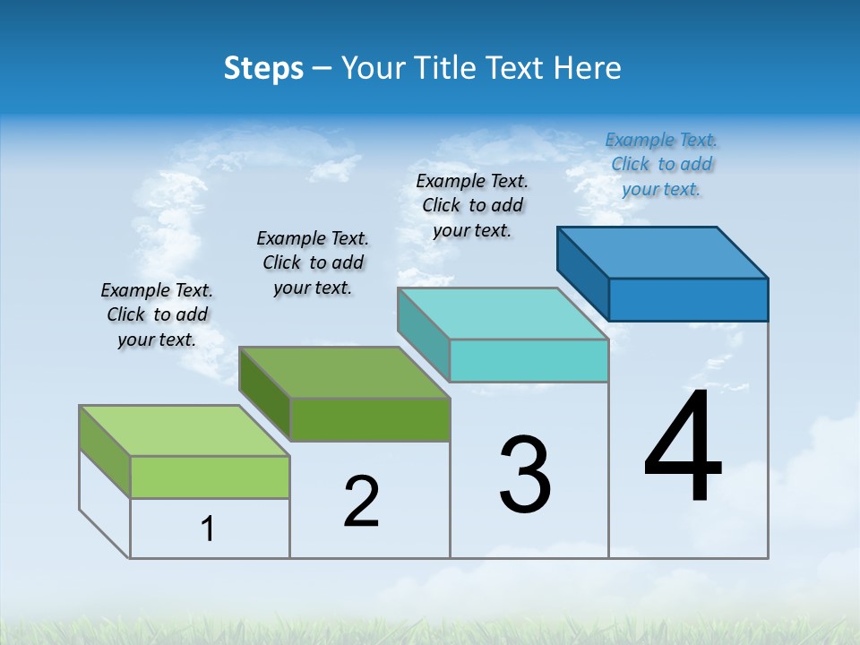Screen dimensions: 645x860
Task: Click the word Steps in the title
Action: click(263, 68)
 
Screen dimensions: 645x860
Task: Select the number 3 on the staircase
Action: click(525, 475)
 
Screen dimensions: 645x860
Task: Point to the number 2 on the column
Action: click(362, 502)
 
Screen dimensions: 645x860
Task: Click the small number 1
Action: click(208, 529)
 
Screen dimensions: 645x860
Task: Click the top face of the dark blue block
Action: click(663, 252)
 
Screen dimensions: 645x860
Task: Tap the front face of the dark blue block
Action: click(688, 299)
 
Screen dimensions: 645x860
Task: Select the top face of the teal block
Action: click(503, 314)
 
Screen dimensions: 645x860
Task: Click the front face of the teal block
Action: click(529, 360)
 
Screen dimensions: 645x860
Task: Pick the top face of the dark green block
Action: click(344, 373)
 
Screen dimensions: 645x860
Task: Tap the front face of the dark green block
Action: click(370, 419)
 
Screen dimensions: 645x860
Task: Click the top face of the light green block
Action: click(185, 431)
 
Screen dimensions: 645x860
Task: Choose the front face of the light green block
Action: click(210, 477)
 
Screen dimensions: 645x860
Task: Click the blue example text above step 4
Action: click(661, 165)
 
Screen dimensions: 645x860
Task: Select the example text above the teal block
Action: click(472, 205)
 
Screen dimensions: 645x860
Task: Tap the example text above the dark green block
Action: click(313, 262)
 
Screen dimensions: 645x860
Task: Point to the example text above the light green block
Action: click(157, 314)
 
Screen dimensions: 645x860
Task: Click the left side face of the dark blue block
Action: click(583, 274)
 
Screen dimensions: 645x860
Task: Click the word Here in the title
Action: click(588, 68)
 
